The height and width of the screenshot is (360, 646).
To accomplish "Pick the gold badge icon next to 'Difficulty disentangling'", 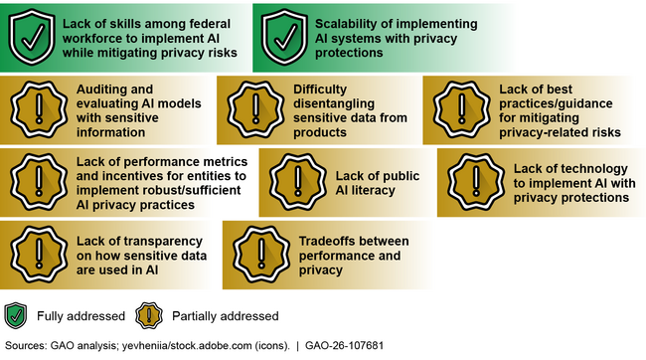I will click(253, 108).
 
